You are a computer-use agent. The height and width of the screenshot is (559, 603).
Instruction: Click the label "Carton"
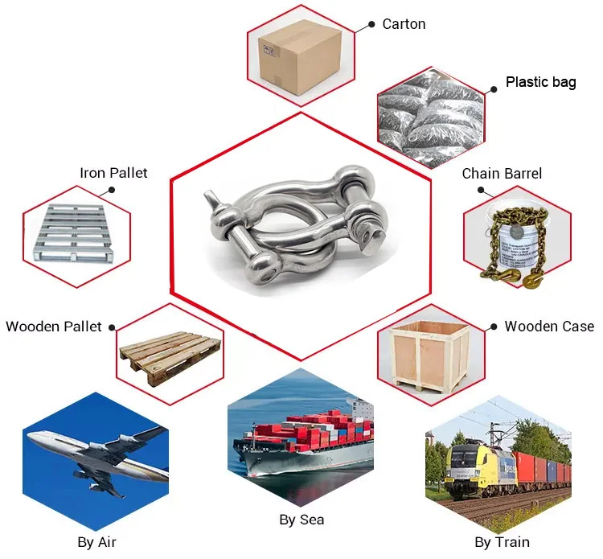coord(404,24)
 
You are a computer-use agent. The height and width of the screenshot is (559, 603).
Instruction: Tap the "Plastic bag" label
coord(540,82)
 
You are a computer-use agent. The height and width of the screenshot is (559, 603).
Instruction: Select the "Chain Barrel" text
coord(502,174)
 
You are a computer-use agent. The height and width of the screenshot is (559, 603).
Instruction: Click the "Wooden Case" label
coord(549,326)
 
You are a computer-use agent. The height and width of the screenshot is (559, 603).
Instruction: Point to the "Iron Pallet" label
coord(113,173)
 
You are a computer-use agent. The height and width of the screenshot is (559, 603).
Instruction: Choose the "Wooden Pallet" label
coord(54,326)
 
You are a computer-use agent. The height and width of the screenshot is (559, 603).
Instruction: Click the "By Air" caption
coord(96,542)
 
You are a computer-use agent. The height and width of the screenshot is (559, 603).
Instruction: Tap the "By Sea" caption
coord(301,520)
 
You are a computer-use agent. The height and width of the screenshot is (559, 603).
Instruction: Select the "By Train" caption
coord(503,542)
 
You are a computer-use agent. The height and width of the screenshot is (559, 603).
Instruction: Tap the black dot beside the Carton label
coord(371,25)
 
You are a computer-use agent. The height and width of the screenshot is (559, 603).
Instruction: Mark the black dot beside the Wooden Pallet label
coord(112,327)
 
